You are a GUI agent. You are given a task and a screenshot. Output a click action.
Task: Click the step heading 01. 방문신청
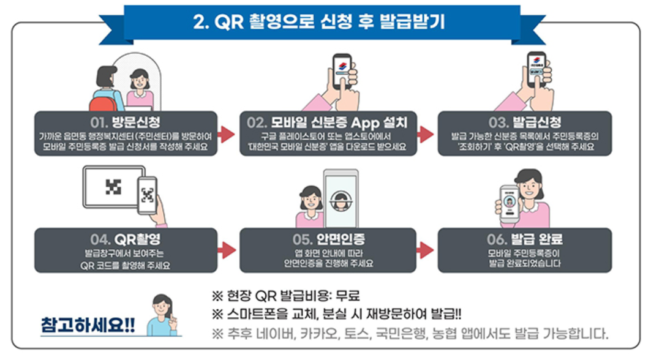(x=126, y=121)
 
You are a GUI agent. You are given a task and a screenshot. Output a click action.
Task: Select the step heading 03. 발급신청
(x=525, y=121)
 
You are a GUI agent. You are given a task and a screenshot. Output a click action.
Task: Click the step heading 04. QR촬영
(x=126, y=239)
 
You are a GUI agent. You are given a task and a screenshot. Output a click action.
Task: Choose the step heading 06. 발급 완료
(x=525, y=239)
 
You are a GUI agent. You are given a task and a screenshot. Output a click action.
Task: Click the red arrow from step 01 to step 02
(x=227, y=134)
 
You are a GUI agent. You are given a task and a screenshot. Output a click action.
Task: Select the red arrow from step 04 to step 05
(x=227, y=250)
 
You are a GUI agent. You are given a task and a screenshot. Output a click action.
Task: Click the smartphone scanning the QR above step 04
(x=147, y=195)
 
